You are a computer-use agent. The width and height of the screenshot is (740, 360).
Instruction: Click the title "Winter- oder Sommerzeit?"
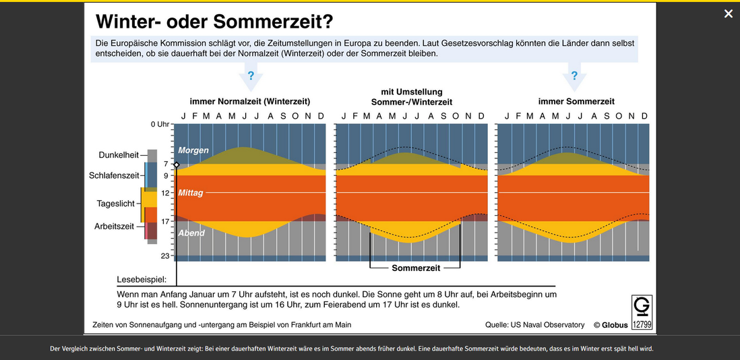(214, 22)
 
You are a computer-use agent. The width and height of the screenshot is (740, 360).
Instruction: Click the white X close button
(729, 13)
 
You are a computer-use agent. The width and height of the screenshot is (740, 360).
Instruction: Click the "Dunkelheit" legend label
(119, 154)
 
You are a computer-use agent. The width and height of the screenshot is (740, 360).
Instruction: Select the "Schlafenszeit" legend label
(114, 175)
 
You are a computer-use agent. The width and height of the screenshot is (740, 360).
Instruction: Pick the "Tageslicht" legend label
(115, 203)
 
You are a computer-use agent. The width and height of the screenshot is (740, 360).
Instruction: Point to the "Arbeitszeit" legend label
(114, 227)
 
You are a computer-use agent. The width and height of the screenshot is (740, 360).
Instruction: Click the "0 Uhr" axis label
(159, 125)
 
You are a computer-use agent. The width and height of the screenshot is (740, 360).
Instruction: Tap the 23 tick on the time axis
(164, 256)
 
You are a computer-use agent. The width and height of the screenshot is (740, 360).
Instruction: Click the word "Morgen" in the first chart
(193, 150)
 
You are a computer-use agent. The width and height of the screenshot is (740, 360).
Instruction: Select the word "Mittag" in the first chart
(191, 193)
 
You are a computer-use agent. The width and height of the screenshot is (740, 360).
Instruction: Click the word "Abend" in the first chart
(191, 233)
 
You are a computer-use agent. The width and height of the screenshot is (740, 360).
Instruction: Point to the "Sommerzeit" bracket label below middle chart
(416, 268)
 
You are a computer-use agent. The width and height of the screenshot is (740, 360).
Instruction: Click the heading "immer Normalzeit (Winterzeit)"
(250, 101)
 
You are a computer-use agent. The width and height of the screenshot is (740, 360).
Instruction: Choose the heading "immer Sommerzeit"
(576, 101)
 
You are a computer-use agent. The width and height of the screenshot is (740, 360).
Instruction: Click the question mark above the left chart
(251, 76)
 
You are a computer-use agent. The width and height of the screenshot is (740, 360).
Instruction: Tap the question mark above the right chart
(574, 76)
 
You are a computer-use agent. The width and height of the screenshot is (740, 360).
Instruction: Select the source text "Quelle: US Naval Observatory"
(534, 325)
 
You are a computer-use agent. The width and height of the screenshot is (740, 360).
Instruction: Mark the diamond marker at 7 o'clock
(177, 164)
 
